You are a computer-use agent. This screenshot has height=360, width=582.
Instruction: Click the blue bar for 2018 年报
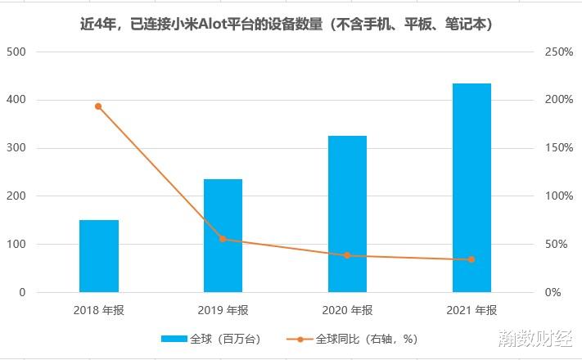coord(99,256)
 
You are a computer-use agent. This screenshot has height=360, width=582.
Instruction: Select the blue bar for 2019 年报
coord(223,236)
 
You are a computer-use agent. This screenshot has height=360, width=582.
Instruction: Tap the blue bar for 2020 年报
coord(347,214)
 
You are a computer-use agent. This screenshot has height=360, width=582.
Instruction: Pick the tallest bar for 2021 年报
coord(471,187)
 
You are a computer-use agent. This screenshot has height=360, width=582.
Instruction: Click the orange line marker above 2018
coord(98,106)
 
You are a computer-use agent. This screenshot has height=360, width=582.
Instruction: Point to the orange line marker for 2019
coord(223,239)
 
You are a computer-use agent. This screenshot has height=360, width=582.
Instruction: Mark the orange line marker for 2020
coord(347,255)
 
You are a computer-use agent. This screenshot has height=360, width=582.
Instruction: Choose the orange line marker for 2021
coord(471,260)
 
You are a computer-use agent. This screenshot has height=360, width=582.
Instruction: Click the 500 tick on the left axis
coord(16,52)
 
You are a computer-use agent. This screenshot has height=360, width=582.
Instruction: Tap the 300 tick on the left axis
coord(16,148)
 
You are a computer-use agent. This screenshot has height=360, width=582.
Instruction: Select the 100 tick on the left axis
coord(16,245)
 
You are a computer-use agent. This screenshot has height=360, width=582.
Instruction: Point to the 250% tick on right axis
coord(559,52)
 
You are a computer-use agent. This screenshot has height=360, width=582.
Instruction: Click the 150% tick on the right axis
coord(559,148)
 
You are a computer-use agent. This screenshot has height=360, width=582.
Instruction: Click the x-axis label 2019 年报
coord(223,311)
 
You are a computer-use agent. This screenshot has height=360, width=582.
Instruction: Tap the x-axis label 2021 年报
coord(471,311)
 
